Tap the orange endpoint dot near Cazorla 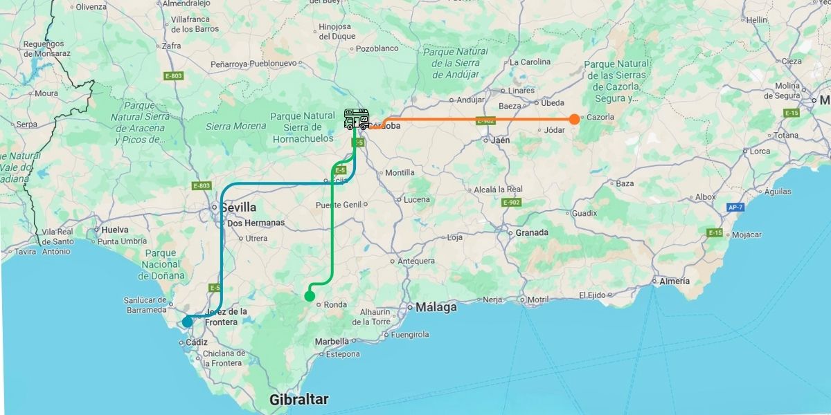point(574,119)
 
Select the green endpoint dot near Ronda point(310,296)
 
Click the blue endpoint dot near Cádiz point(187,322)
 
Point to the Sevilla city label point(238,207)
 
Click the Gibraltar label point(298,399)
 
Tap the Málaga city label point(436,307)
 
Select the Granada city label point(532,232)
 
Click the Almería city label point(674,281)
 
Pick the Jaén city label point(500,140)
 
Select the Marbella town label point(332,341)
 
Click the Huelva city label point(115,230)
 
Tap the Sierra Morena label point(235,126)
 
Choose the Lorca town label point(760,151)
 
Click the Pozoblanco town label point(378,48)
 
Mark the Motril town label point(537,299)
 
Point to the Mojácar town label point(747,234)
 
